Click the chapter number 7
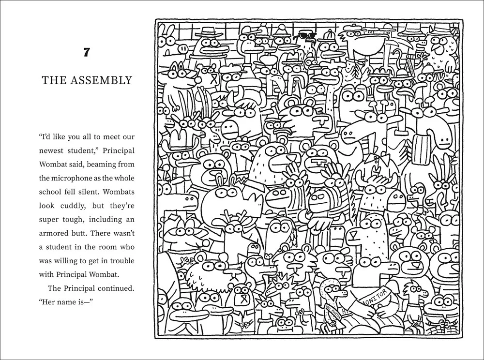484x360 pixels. tap(87, 52)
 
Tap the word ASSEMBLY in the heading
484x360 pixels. tap(101, 80)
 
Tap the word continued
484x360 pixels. tap(116, 288)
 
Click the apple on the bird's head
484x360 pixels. tap(266, 58)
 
